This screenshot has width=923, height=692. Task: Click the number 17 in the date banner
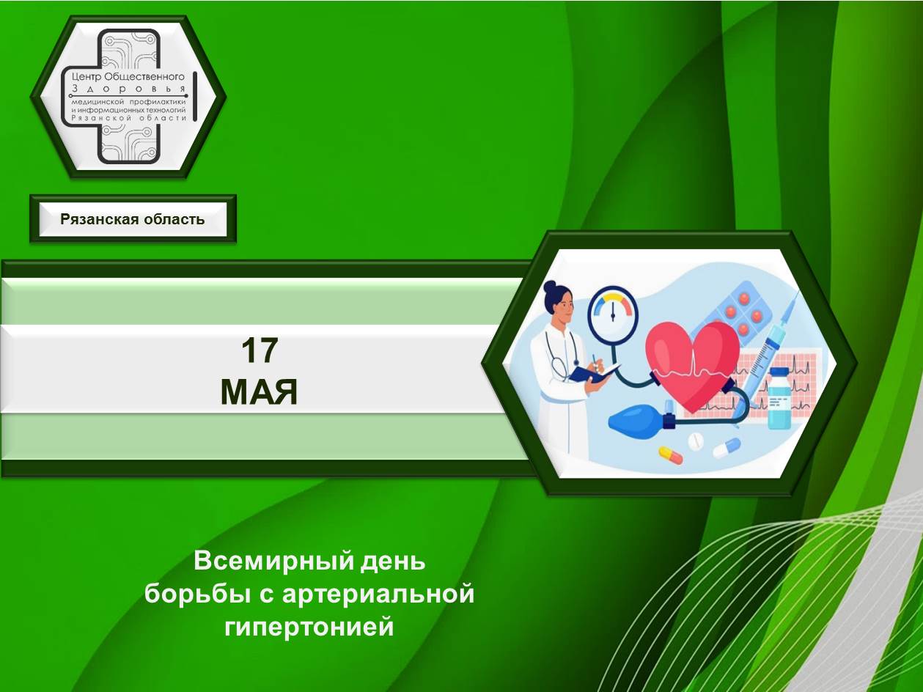point(260,350)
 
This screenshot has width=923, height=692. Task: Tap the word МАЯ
point(259,392)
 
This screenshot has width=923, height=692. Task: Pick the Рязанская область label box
point(133,219)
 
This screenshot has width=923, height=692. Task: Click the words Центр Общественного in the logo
point(128,76)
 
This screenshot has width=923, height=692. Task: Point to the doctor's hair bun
point(550,287)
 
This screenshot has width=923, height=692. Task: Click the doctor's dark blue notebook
point(593,373)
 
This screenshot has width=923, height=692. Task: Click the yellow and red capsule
point(670,455)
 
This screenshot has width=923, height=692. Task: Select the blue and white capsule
point(727,448)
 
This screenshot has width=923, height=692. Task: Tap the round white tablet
point(695,441)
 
